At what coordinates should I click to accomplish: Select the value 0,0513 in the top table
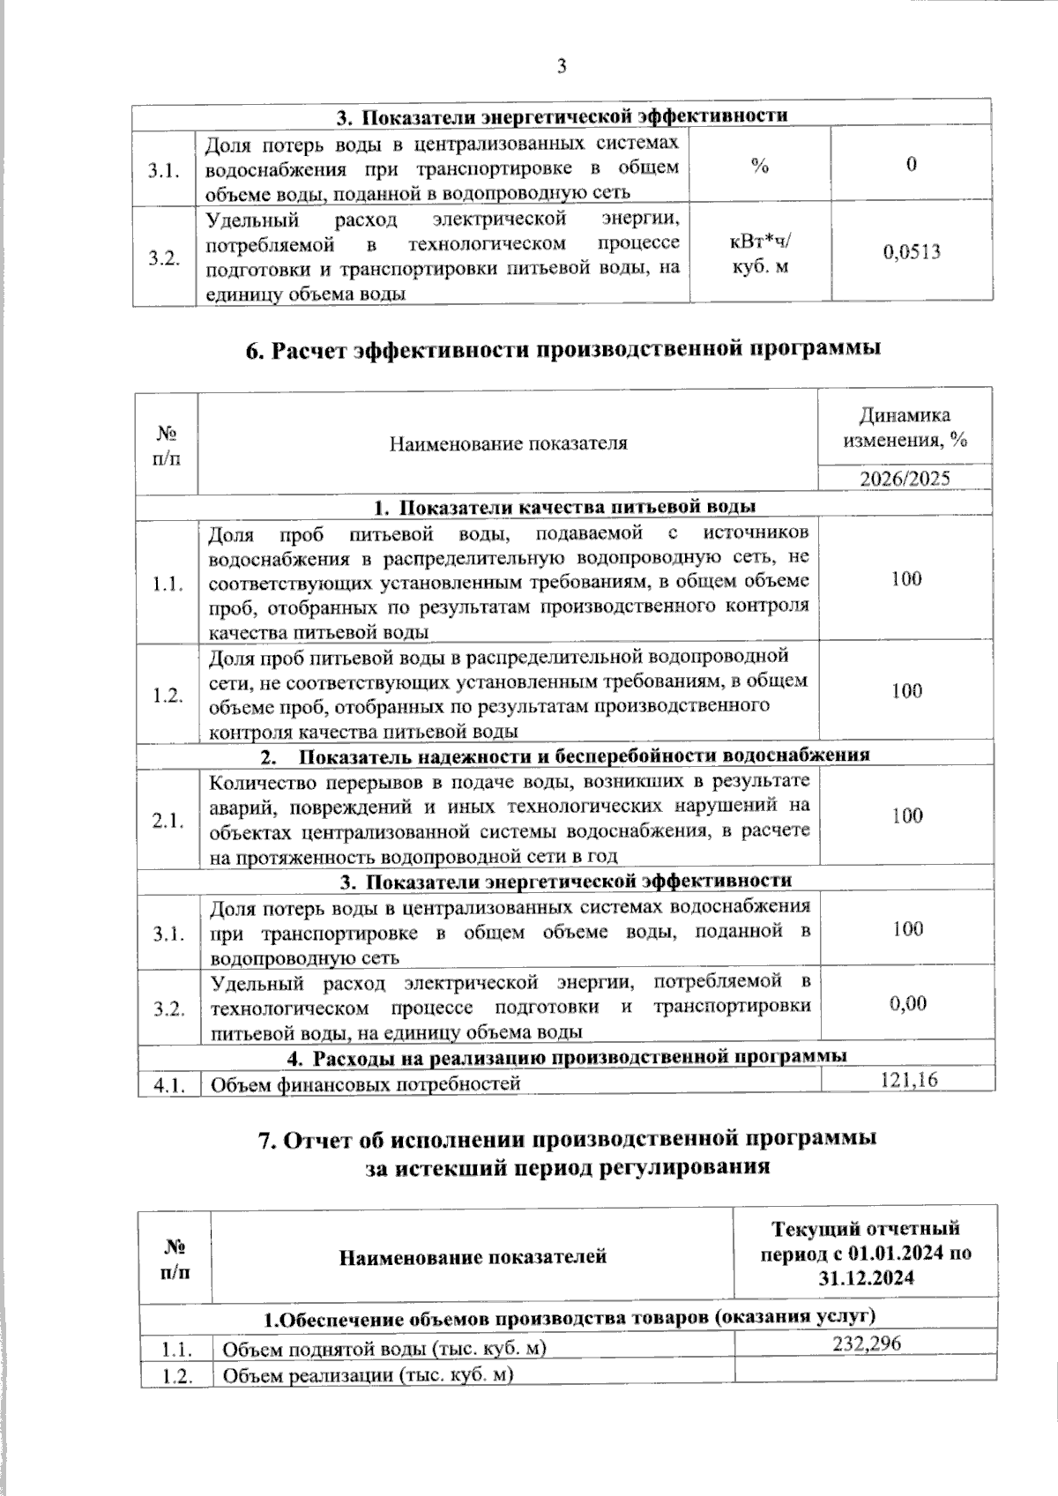912,253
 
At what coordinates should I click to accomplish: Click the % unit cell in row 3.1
760,165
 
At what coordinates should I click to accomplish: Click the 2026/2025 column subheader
905,479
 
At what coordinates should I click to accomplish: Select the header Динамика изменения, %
905,428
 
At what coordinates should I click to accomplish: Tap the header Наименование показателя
509,443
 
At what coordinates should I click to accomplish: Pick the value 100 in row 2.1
906,815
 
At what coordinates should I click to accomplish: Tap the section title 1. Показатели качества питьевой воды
564,507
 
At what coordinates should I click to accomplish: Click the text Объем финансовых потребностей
364,1083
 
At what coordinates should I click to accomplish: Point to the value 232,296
866,1343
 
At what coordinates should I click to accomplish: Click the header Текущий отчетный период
866,1253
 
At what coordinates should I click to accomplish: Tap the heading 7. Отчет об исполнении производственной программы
566,1138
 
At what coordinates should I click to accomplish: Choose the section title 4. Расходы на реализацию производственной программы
566,1056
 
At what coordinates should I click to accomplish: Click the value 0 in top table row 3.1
911,165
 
